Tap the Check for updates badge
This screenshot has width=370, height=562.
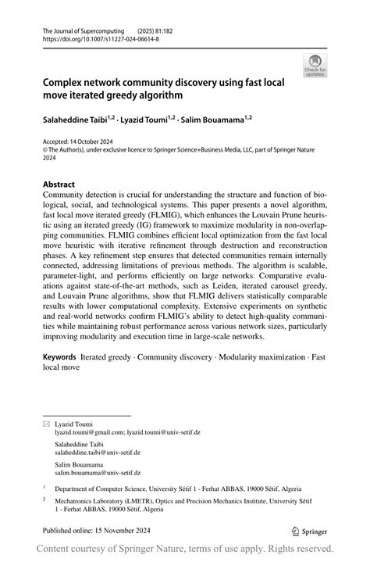click(x=315, y=66)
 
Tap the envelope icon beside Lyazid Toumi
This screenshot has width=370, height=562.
click(x=46, y=423)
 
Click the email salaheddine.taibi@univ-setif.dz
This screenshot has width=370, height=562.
click(x=98, y=452)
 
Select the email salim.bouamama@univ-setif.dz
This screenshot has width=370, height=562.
click(x=98, y=472)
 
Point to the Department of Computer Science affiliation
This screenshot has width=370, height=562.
click(x=117, y=487)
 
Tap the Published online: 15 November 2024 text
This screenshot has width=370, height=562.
click(x=94, y=529)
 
